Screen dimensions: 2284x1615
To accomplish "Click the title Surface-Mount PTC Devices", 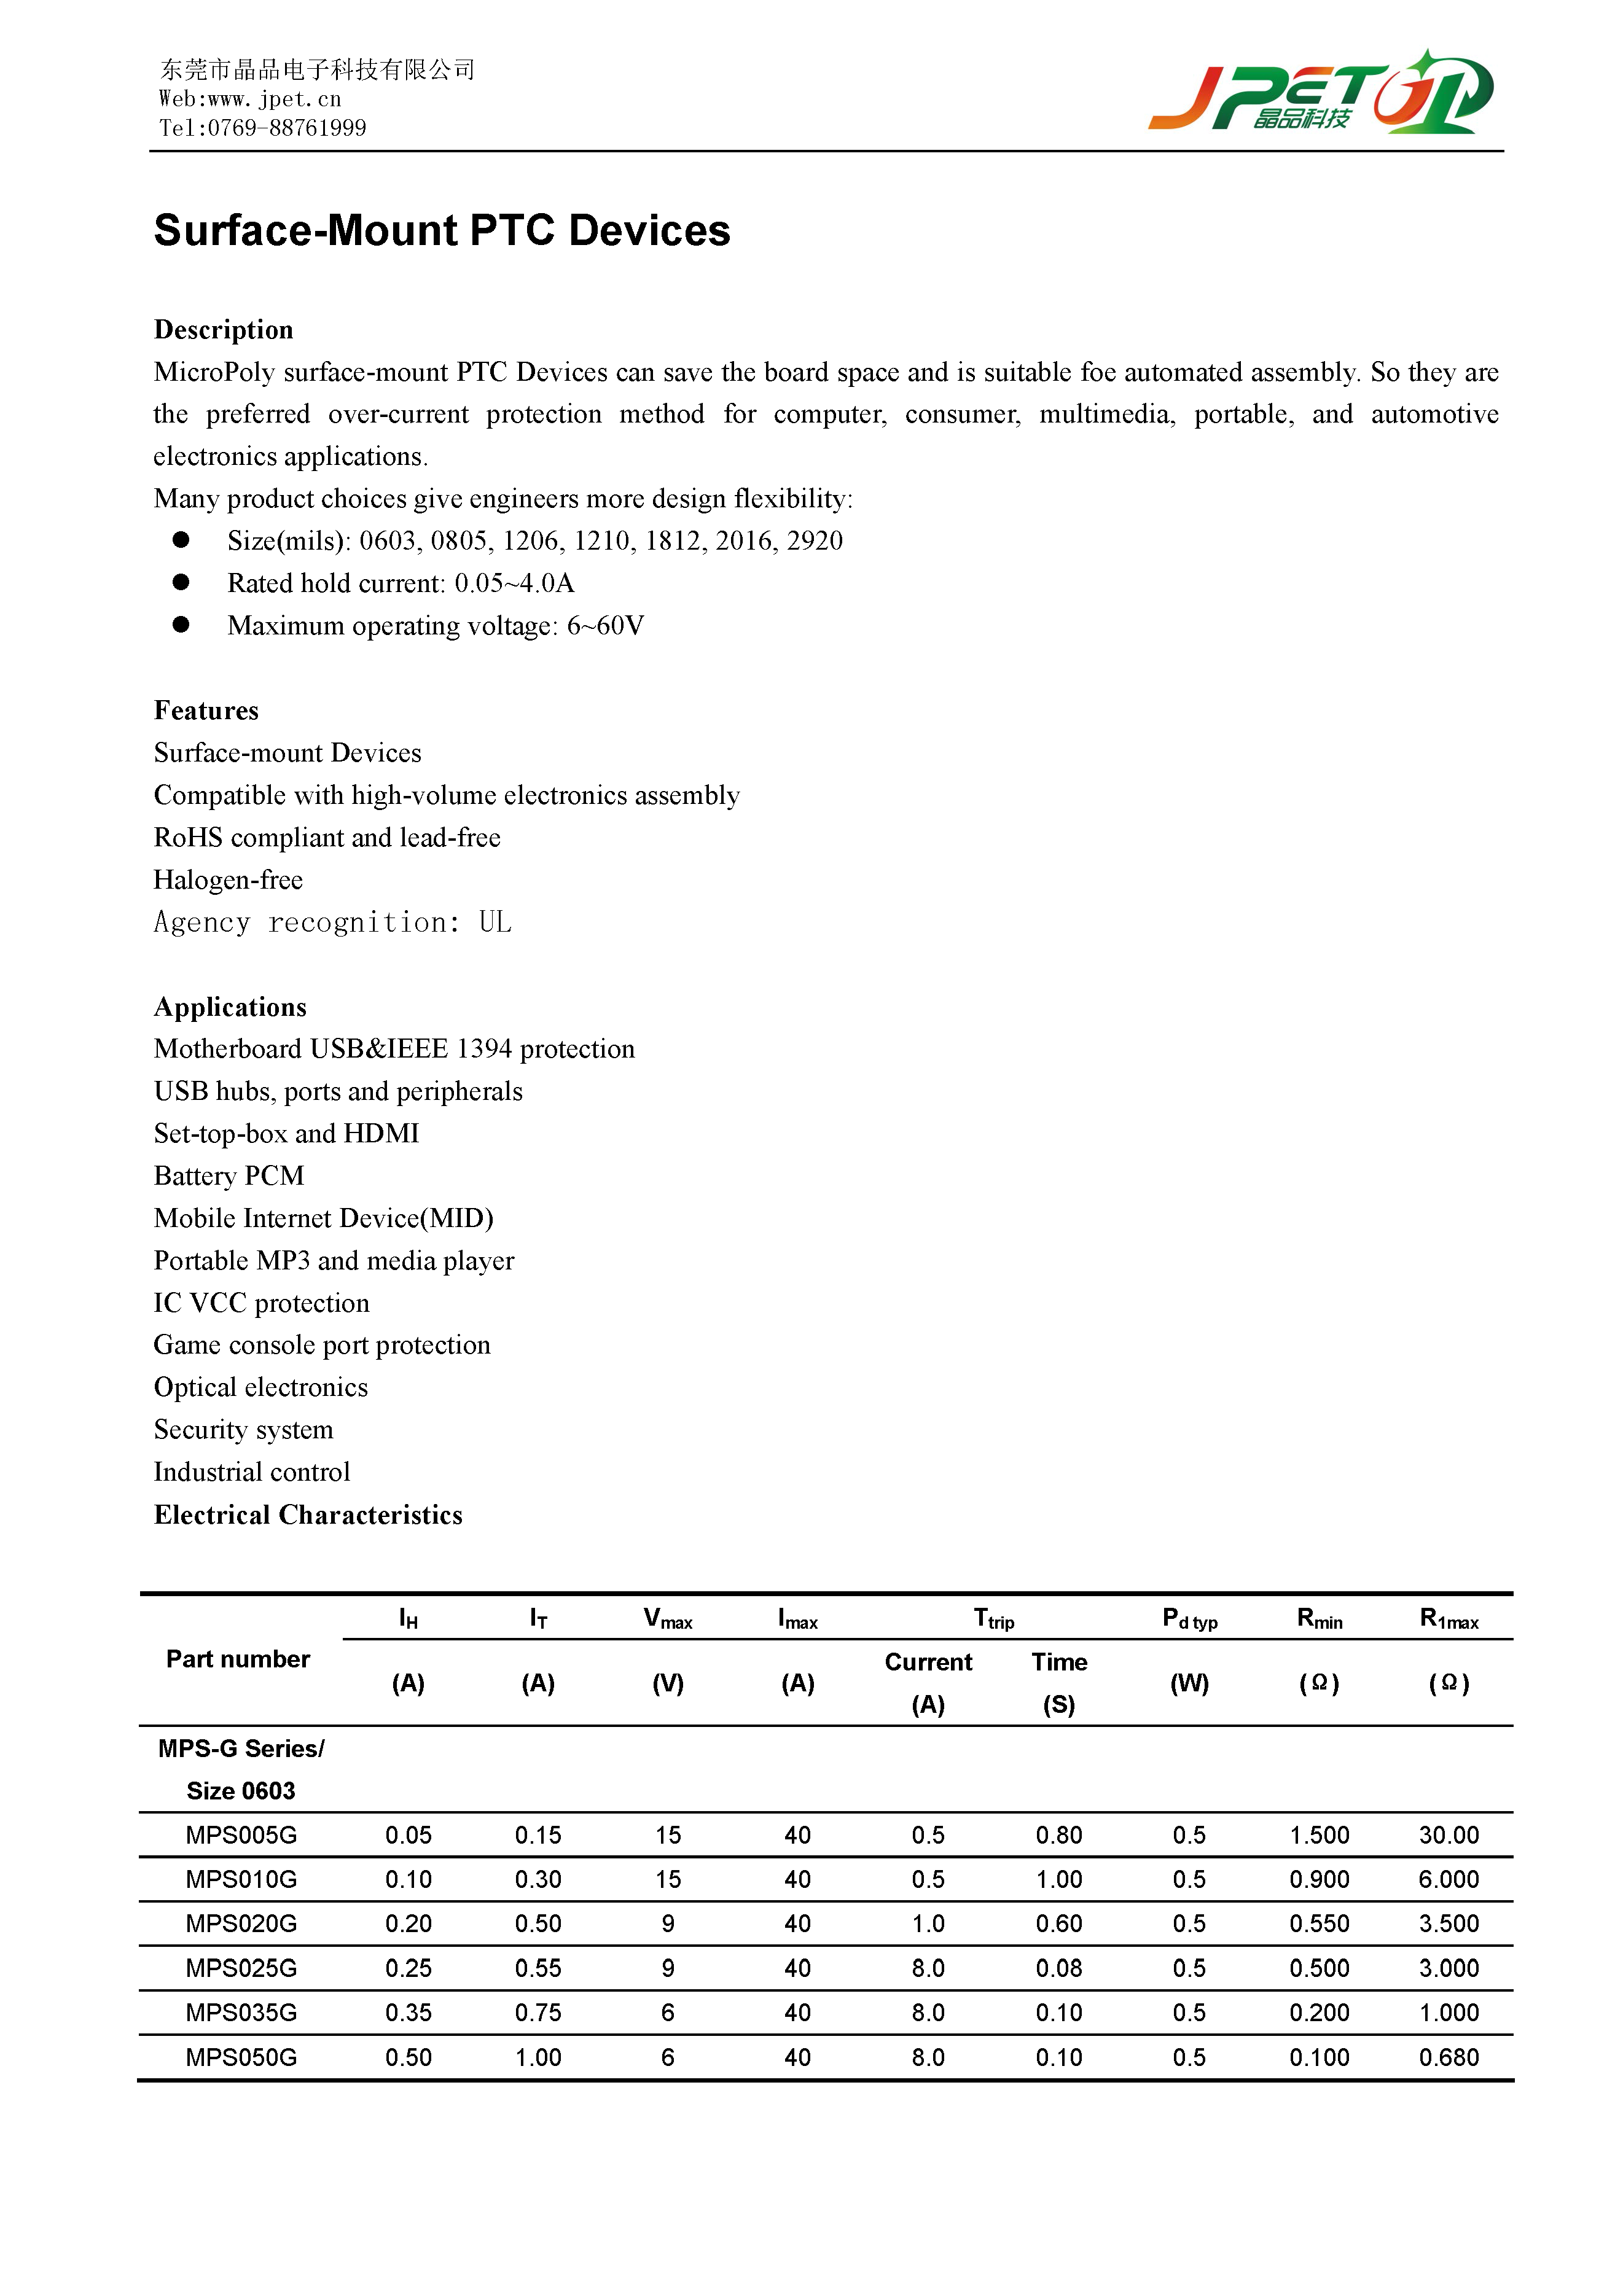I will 442,231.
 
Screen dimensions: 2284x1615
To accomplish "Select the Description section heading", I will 223,330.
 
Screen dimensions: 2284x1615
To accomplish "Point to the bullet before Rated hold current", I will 181,582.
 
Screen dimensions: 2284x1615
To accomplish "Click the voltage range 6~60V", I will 605,626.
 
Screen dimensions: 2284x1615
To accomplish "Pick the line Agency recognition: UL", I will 332,922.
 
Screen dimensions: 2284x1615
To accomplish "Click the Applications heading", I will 230,1007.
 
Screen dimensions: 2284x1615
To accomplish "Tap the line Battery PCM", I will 229,1176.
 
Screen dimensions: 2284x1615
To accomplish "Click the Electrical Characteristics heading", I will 308,1515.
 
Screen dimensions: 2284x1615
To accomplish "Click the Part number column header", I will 238,1659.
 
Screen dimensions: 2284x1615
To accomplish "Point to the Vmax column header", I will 668,1619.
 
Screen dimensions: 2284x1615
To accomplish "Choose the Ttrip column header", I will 993,1619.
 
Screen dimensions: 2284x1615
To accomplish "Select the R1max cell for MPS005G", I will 1448,1835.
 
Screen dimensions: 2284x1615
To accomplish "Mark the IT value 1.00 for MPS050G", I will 538,2058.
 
